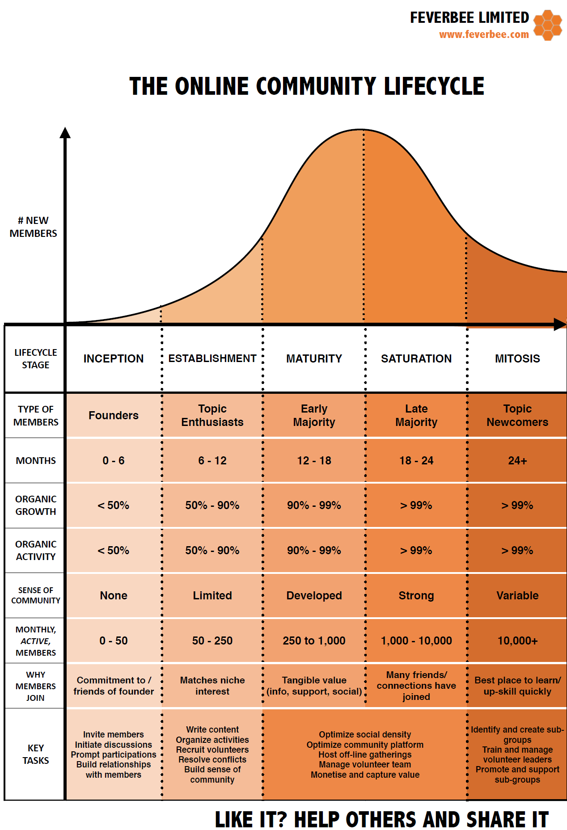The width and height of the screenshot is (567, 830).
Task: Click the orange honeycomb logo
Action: point(547,25)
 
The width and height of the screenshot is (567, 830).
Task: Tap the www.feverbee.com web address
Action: point(484,34)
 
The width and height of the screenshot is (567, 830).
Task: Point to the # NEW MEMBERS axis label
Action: point(33,227)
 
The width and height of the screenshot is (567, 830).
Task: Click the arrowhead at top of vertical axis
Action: point(65,133)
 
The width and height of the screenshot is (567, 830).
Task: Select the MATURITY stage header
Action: point(314,358)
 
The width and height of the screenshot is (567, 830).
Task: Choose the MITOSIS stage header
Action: point(517,358)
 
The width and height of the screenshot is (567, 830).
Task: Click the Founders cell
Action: point(114,415)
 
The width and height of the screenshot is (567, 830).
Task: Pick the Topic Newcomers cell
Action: point(517,415)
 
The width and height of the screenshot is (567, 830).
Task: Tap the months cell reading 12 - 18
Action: point(314,460)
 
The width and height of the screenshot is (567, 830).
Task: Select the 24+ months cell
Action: point(517,460)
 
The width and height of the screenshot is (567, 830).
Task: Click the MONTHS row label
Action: point(36,460)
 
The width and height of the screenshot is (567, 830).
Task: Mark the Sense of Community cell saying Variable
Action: point(517,595)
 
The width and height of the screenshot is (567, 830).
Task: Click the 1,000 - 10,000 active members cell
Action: point(416,640)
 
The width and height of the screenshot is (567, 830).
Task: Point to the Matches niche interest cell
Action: point(212,686)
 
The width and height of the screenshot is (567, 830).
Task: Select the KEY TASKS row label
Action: point(36,754)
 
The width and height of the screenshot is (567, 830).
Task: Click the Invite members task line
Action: point(114,734)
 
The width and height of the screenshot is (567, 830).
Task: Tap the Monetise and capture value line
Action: point(365,775)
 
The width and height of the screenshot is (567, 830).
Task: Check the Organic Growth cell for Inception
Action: point(114,505)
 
